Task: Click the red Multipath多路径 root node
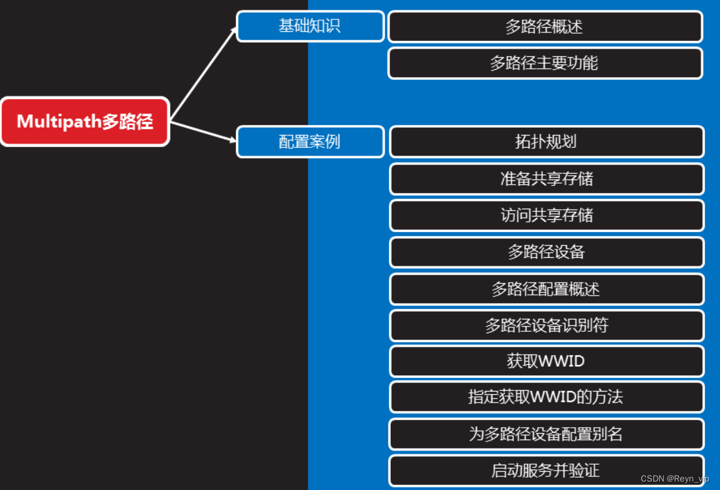tap(85, 121)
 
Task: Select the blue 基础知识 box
tap(310, 27)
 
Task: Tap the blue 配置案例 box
tap(310, 142)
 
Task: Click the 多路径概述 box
tap(545, 27)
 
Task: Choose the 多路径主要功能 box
tap(545, 63)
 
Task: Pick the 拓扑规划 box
tap(546, 142)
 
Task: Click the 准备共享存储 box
tap(546, 179)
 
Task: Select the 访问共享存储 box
tap(546, 215)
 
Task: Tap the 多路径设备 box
tap(546, 252)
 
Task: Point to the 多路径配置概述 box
tap(546, 289)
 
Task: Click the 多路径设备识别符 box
tap(546, 325)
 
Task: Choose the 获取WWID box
tap(546, 361)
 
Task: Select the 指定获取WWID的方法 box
tap(546, 397)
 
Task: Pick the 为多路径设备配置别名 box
tap(546, 434)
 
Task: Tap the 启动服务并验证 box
tap(546, 470)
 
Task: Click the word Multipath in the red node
tap(58, 121)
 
